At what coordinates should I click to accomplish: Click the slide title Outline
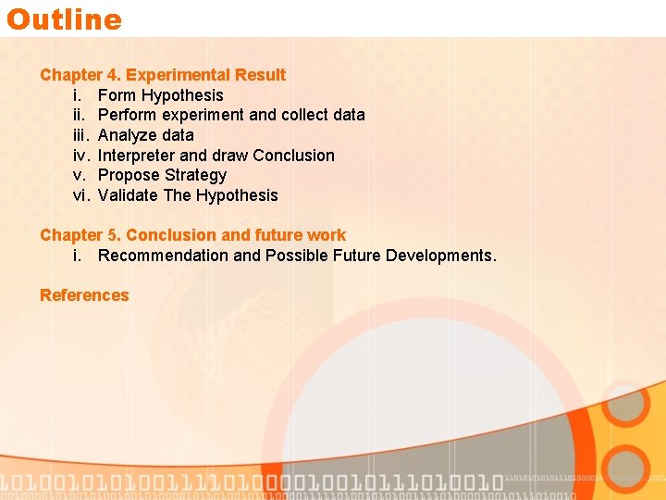click(x=64, y=19)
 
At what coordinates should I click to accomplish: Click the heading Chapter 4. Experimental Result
click(x=163, y=75)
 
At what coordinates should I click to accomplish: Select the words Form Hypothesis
click(x=160, y=95)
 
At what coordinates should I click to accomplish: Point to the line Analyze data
click(x=145, y=135)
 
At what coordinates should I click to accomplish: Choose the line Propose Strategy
click(x=162, y=175)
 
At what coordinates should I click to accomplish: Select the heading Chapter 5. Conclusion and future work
click(x=192, y=235)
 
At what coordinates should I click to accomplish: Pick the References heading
click(x=84, y=295)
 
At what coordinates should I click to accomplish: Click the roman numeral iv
click(x=80, y=156)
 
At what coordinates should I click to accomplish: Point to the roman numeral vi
click(x=80, y=195)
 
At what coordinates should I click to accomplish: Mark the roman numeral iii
click(x=80, y=135)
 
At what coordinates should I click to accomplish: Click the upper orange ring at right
click(x=625, y=405)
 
